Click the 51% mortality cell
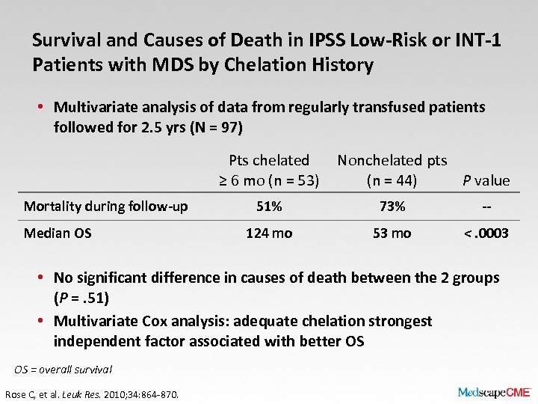tap(269, 206)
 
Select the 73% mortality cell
tap(392, 206)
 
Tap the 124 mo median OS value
tap(269, 233)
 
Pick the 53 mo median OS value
tap(392, 233)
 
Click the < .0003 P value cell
tap(486, 233)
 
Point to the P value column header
tap(486, 180)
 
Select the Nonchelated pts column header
tap(392, 170)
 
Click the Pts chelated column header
tap(269, 170)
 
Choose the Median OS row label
tap(58, 233)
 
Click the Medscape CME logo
tap(494, 391)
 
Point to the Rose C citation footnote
tap(92, 394)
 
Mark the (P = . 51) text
tap(81, 298)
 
